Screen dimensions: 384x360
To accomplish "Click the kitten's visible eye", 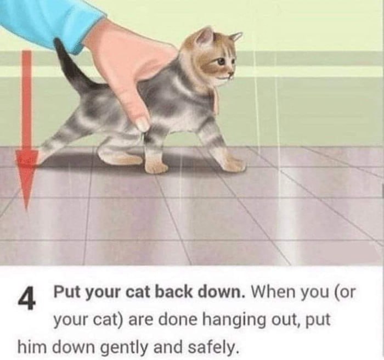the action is pyautogui.click(x=222, y=61).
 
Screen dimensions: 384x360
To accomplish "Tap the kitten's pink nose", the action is pyautogui.click(x=231, y=74).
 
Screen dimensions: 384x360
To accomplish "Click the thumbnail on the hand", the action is pyautogui.click(x=143, y=124).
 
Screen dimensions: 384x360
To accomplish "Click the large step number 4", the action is pyautogui.click(x=27, y=299).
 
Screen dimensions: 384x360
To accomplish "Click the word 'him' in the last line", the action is pyautogui.click(x=32, y=346).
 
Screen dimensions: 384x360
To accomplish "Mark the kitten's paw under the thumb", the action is pyautogui.click(x=156, y=167).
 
